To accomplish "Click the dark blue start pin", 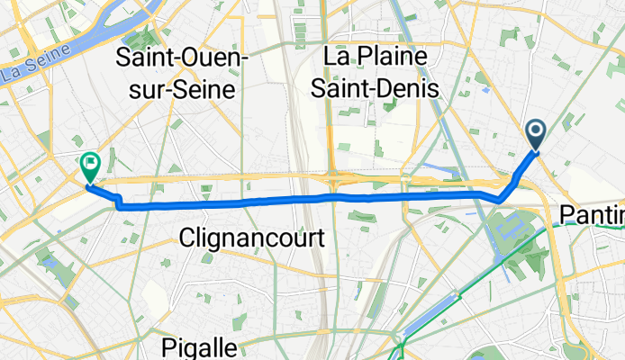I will click(536, 135).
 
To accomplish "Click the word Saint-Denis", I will click(381, 89).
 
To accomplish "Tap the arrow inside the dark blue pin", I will click(536, 134).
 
